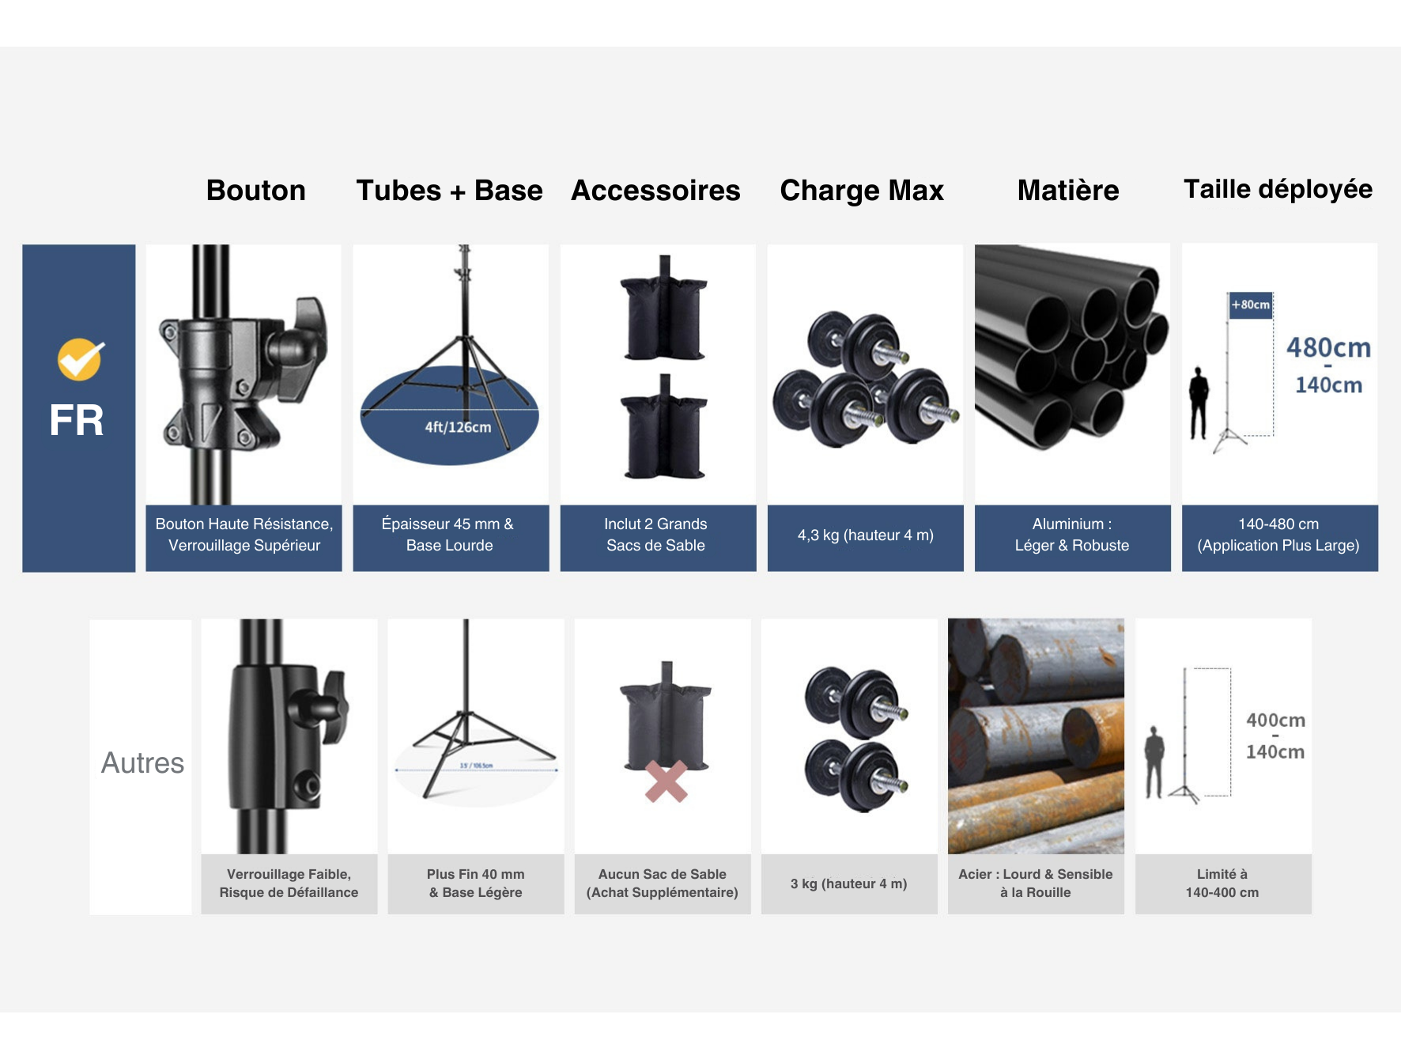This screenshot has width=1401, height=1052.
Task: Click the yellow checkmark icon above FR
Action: pyautogui.click(x=80, y=360)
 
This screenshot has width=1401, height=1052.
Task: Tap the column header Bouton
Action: pyautogui.click(x=255, y=191)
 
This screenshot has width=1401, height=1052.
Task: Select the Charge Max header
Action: pyautogui.click(x=862, y=191)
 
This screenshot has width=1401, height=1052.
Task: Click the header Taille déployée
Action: pyautogui.click(x=1278, y=189)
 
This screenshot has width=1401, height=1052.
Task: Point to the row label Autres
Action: pyautogui.click(x=142, y=763)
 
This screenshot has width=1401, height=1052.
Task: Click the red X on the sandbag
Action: pyautogui.click(x=666, y=781)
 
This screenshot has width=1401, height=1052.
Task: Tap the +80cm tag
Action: pyautogui.click(x=1251, y=305)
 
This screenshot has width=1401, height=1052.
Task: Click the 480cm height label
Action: pyautogui.click(x=1328, y=348)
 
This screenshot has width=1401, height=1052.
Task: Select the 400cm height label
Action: pyautogui.click(x=1275, y=721)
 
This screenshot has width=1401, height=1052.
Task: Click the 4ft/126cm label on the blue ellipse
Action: pyautogui.click(x=458, y=427)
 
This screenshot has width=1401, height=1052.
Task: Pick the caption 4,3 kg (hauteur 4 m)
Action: pyautogui.click(x=865, y=535)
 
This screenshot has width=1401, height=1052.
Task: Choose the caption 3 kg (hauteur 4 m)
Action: pyautogui.click(x=848, y=884)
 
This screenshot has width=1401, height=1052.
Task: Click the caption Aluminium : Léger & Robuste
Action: pyautogui.click(x=1072, y=535)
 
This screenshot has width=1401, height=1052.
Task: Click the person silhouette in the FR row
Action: pyautogui.click(x=1199, y=402)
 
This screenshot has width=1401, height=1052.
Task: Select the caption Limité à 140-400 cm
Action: pyautogui.click(x=1222, y=884)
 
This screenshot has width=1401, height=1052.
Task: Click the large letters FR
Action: pyautogui.click(x=77, y=420)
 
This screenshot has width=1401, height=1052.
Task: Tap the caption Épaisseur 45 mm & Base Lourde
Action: pyautogui.click(x=449, y=535)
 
